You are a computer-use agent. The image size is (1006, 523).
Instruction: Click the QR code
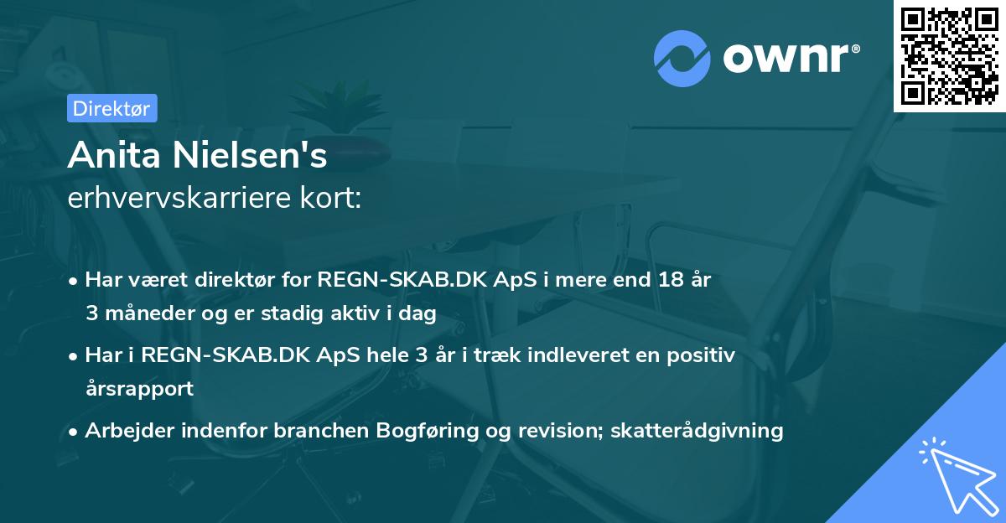pos(950,55)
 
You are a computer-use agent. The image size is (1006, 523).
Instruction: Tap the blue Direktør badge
pos(111,108)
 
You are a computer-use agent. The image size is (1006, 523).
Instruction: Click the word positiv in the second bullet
pos(700,355)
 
